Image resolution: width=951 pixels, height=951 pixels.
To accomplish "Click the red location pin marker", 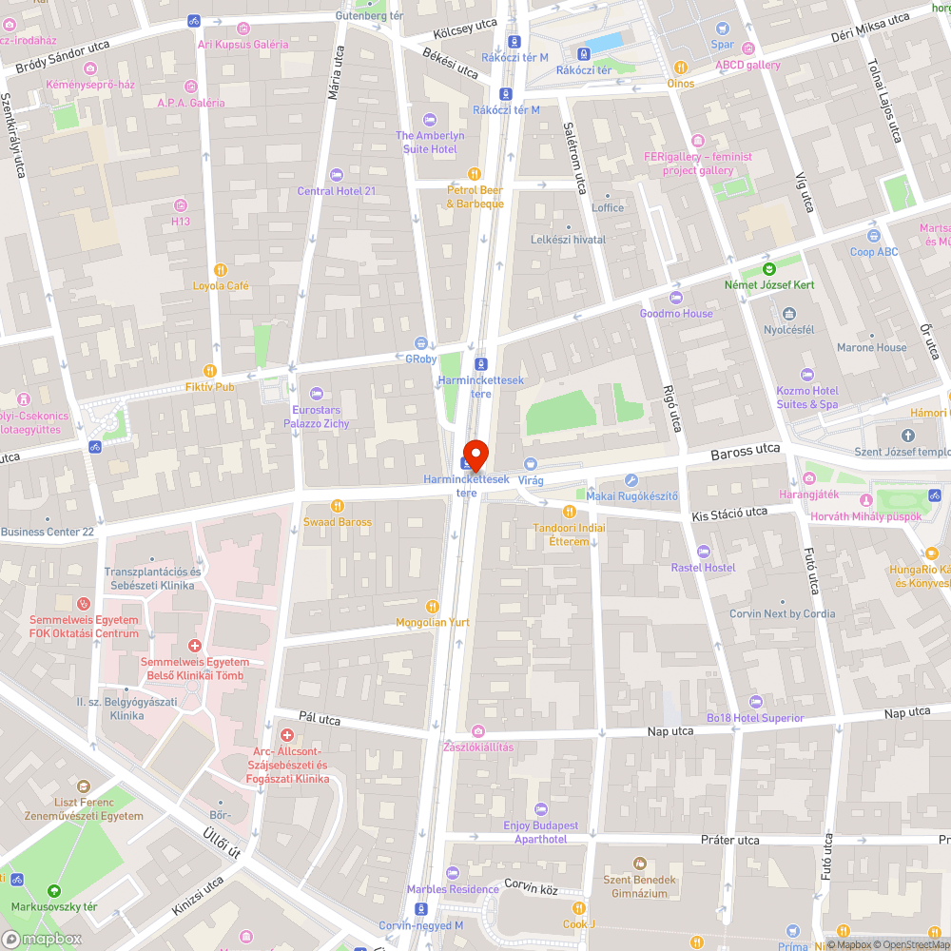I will (x=475, y=453).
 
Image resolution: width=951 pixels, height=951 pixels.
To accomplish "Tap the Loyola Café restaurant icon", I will (x=221, y=270).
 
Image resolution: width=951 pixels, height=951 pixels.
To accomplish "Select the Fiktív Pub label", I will (x=211, y=387).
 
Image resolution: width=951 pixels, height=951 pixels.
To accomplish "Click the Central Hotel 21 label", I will (x=337, y=191).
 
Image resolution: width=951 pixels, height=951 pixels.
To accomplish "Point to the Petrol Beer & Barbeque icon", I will (x=475, y=174).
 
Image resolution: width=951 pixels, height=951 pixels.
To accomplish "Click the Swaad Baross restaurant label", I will (x=337, y=522).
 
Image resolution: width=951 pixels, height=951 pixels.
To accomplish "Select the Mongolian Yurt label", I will (x=433, y=622).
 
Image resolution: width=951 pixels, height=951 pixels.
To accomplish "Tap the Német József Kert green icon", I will (x=771, y=269).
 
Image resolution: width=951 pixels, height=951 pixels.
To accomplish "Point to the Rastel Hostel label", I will (x=703, y=567).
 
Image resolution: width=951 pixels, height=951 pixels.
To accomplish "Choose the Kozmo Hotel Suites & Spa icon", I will (x=807, y=375).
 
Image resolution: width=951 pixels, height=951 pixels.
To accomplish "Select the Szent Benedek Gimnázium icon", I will (x=639, y=864).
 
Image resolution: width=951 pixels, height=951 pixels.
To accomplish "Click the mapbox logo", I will (x=42, y=938).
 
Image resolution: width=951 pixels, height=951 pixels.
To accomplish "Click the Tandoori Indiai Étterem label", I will (x=569, y=534).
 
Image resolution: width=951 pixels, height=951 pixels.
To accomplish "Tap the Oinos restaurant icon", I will (x=680, y=68).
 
